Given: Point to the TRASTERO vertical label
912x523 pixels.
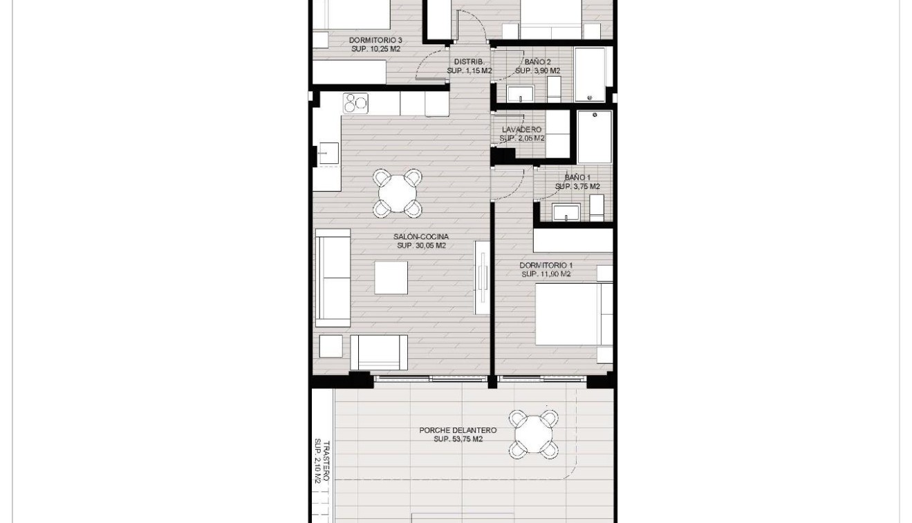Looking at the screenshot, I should [322, 461].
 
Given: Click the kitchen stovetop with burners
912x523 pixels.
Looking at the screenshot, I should [356, 103].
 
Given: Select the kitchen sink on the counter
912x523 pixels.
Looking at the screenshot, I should [327, 154].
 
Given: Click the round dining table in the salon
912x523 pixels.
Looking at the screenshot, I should [397, 193].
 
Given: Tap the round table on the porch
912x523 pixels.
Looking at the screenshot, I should [533, 434].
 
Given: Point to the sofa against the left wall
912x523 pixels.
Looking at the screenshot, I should [333, 277].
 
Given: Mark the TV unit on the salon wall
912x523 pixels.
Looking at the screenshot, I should [482, 277].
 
